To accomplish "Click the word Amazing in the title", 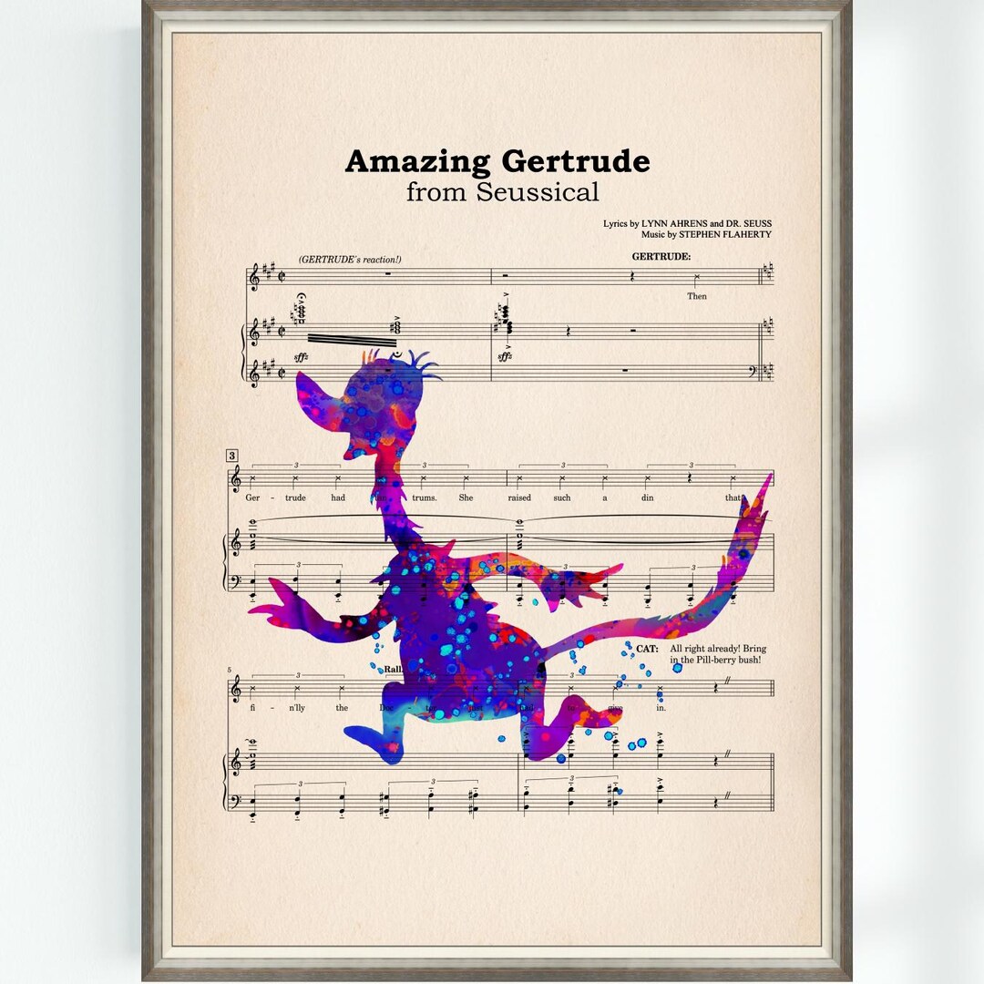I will tap(417, 162).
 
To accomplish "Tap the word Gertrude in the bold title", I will tap(575, 162).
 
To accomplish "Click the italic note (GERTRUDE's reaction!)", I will tap(349, 260).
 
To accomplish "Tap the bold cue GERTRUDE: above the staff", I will tap(661, 257).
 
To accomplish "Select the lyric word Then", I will tap(697, 296).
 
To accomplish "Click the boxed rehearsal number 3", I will tap(232, 456).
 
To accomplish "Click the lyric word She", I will tap(466, 497).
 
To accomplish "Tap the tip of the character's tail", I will tap(768, 481).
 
